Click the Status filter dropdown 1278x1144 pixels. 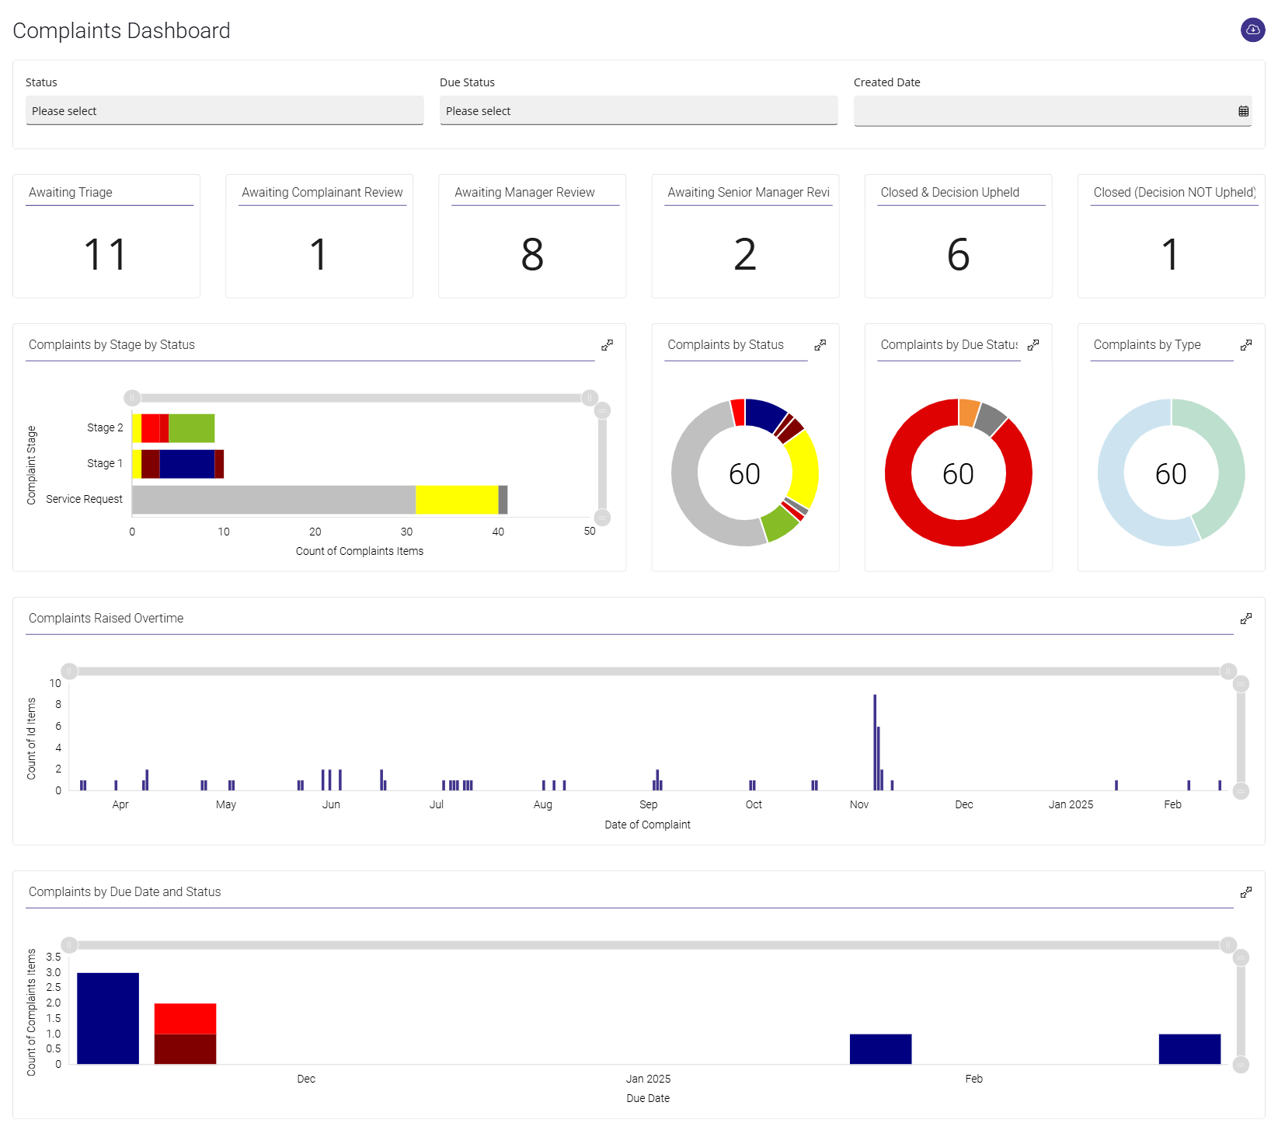point(225,110)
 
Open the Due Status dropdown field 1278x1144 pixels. point(639,110)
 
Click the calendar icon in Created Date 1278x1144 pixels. point(1243,111)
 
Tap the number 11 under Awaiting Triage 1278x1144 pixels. point(106,254)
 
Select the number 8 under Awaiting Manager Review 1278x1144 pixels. point(532,254)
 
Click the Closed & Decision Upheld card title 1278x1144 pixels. point(949,192)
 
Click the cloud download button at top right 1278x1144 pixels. point(1252,30)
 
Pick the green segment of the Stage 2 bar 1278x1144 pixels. point(191,428)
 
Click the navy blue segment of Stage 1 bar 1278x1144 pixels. point(186,464)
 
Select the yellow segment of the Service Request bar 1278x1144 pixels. point(456,500)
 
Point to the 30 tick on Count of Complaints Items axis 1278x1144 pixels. point(406,532)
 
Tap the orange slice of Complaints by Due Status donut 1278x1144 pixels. point(969,412)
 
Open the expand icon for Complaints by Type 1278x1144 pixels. point(1245,345)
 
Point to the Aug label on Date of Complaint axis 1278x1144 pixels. point(543,804)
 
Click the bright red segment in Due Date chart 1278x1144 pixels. point(185,1018)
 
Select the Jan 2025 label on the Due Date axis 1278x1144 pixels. point(648,1079)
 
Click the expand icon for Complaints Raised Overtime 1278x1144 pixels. point(1245,619)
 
